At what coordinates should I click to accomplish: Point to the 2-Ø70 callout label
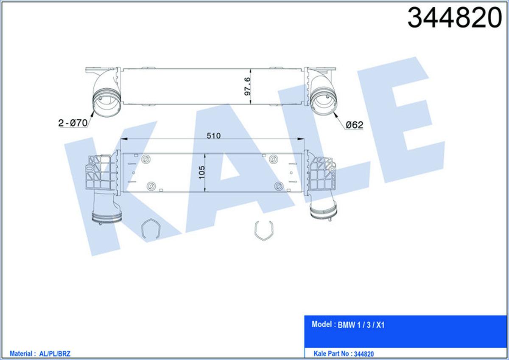(73, 123)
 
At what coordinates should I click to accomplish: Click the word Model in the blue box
(322, 324)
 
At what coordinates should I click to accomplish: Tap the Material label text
(22, 353)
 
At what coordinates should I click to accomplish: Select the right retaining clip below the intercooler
(262, 232)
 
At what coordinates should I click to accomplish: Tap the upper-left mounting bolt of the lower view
(147, 160)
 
